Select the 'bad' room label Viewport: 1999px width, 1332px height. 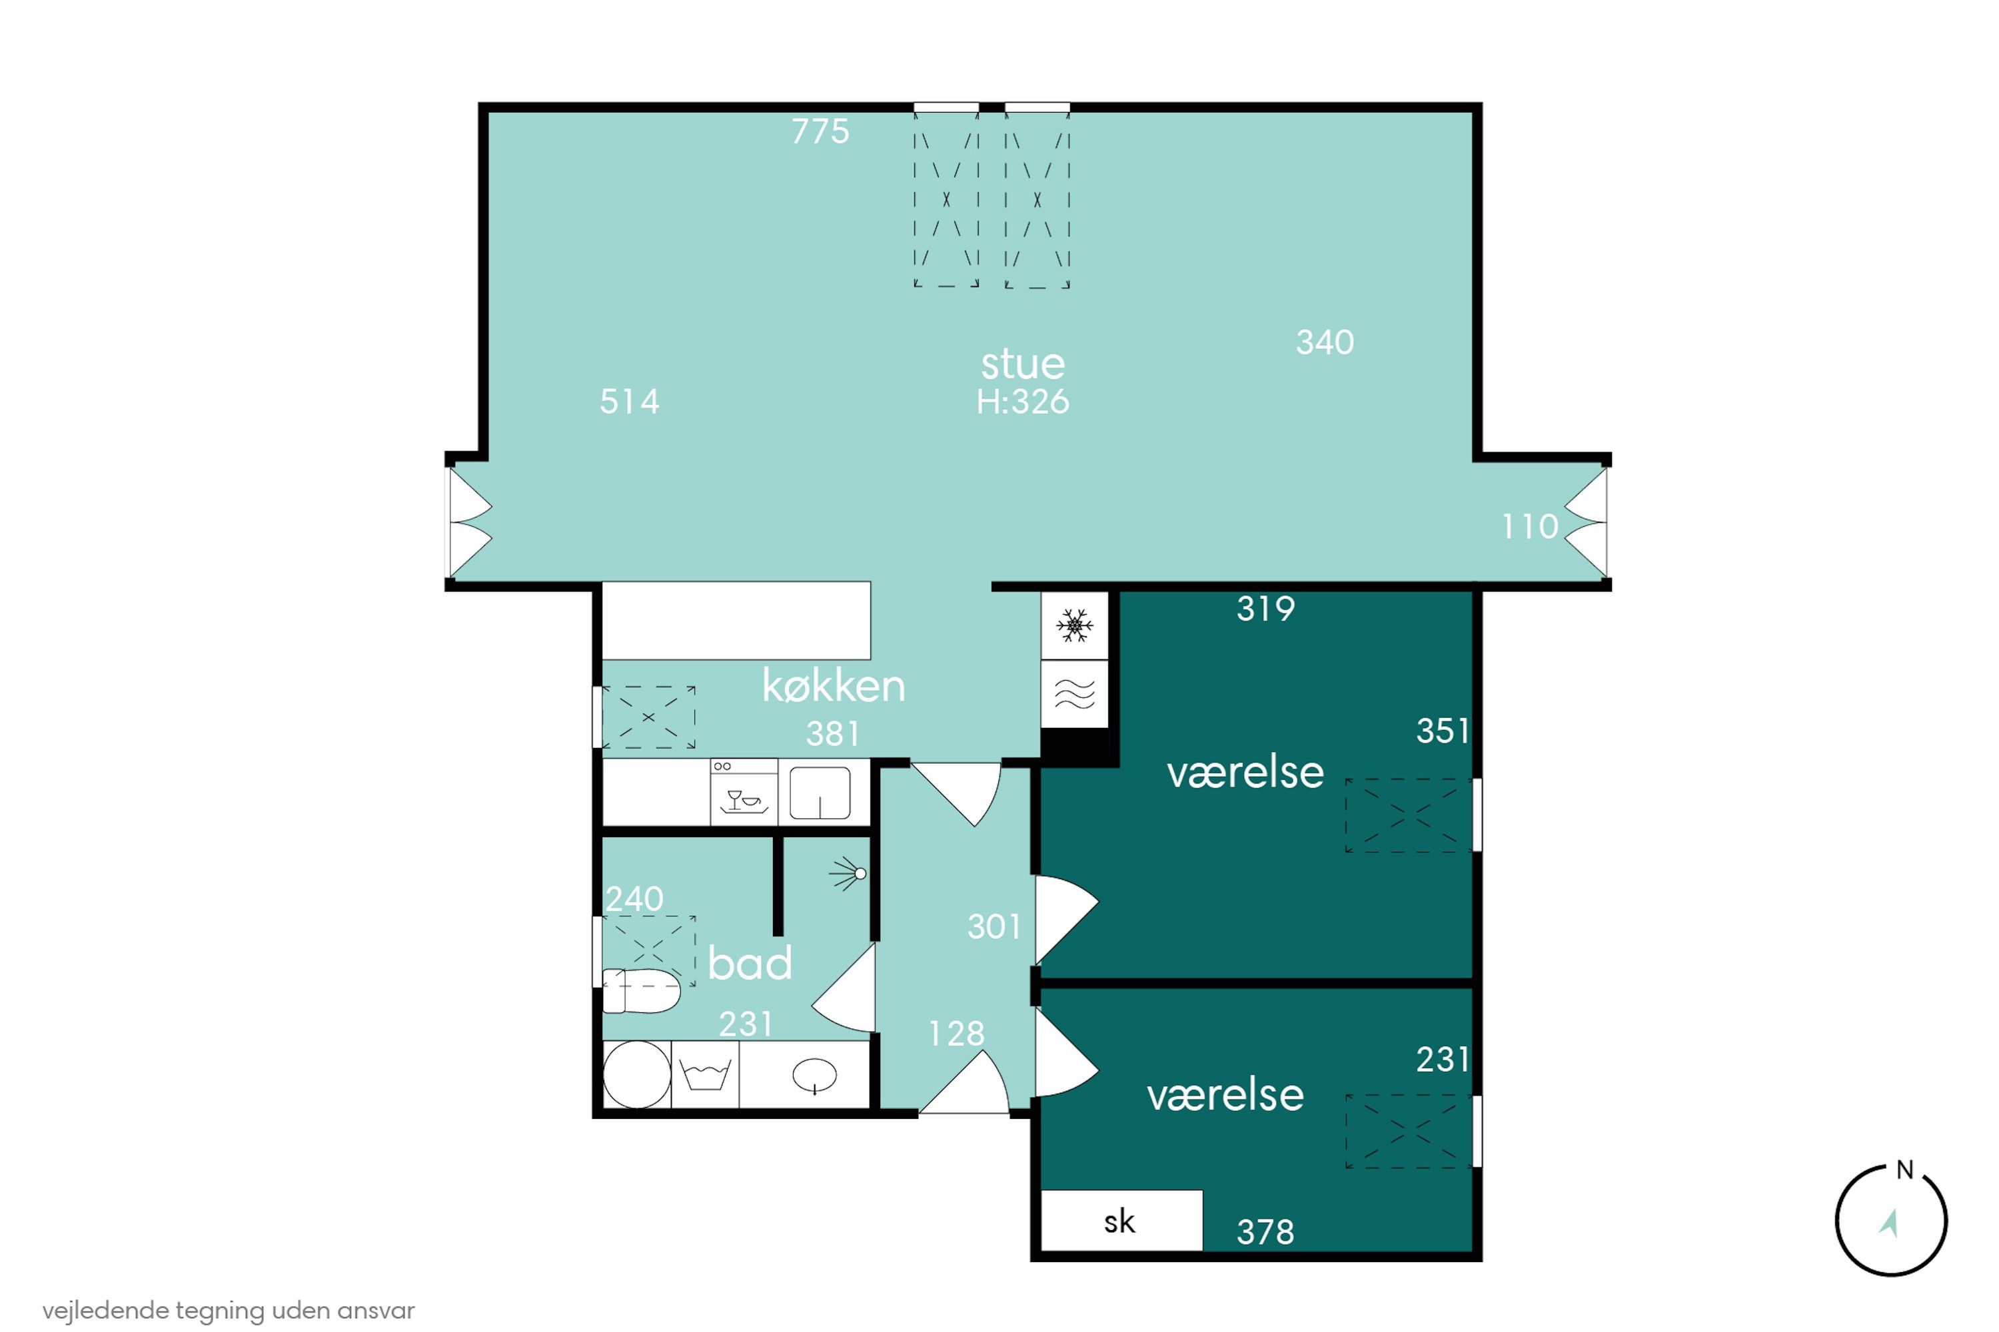coord(750,962)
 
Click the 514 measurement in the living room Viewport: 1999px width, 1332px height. coord(629,401)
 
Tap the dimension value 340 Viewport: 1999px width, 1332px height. coord(1325,342)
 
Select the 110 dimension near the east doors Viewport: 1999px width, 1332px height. coord(1530,527)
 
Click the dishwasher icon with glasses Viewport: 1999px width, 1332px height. coord(744,792)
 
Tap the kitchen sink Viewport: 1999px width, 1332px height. coord(820,793)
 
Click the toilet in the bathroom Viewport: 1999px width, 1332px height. coord(642,990)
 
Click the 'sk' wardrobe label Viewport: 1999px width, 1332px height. coord(1119,1221)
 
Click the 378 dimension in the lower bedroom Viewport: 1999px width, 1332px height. coord(1265,1231)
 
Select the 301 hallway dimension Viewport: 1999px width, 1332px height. coord(994,927)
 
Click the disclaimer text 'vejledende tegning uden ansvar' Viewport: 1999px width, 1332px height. coord(229,1311)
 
